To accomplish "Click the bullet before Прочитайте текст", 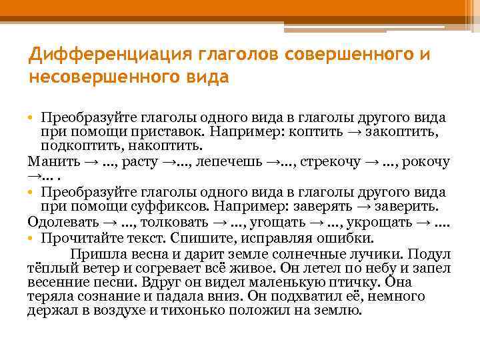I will [31, 237].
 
